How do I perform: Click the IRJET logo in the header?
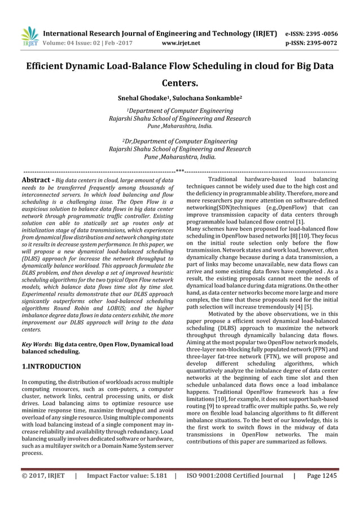point(29,35)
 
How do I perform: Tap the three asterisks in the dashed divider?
point(179,170)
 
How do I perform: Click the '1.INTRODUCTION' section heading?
point(51,366)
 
